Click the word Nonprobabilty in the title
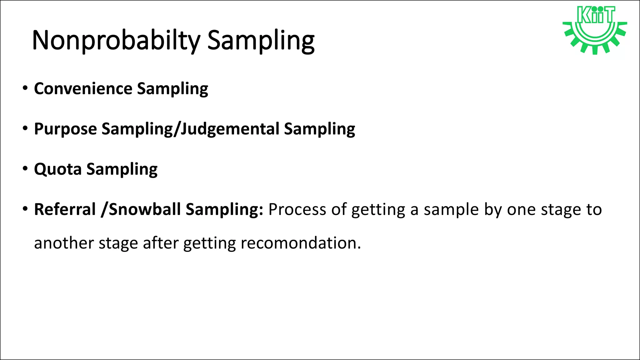(x=116, y=41)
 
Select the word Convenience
(x=83, y=89)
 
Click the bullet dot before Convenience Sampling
(x=25, y=88)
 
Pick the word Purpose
(x=65, y=129)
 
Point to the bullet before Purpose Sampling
(x=25, y=128)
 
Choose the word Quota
(x=58, y=169)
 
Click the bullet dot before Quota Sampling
(x=25, y=169)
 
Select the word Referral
(x=65, y=209)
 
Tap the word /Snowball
(x=141, y=209)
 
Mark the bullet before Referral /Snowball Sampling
(x=25, y=209)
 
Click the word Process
(x=297, y=209)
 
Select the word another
(x=64, y=243)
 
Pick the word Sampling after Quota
(x=122, y=170)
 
